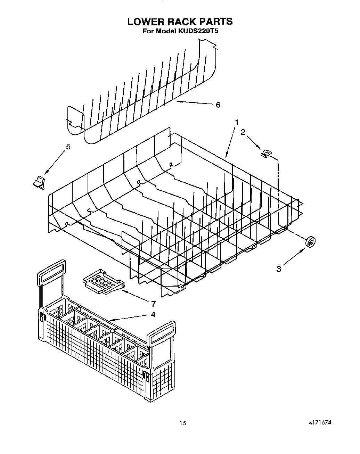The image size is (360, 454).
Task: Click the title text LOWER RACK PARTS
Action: (180, 22)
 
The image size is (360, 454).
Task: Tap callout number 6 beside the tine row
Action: (218, 105)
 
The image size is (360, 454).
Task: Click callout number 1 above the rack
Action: (237, 122)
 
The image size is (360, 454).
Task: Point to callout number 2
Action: (243, 132)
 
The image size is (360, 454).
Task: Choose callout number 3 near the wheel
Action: (279, 269)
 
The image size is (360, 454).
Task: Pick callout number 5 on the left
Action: (68, 147)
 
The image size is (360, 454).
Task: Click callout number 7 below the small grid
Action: (153, 304)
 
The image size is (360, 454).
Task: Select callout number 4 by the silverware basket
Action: (153, 314)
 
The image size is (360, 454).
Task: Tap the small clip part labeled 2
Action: (266, 153)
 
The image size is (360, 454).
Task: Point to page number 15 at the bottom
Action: (183, 423)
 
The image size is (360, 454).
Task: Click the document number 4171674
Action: (319, 422)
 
